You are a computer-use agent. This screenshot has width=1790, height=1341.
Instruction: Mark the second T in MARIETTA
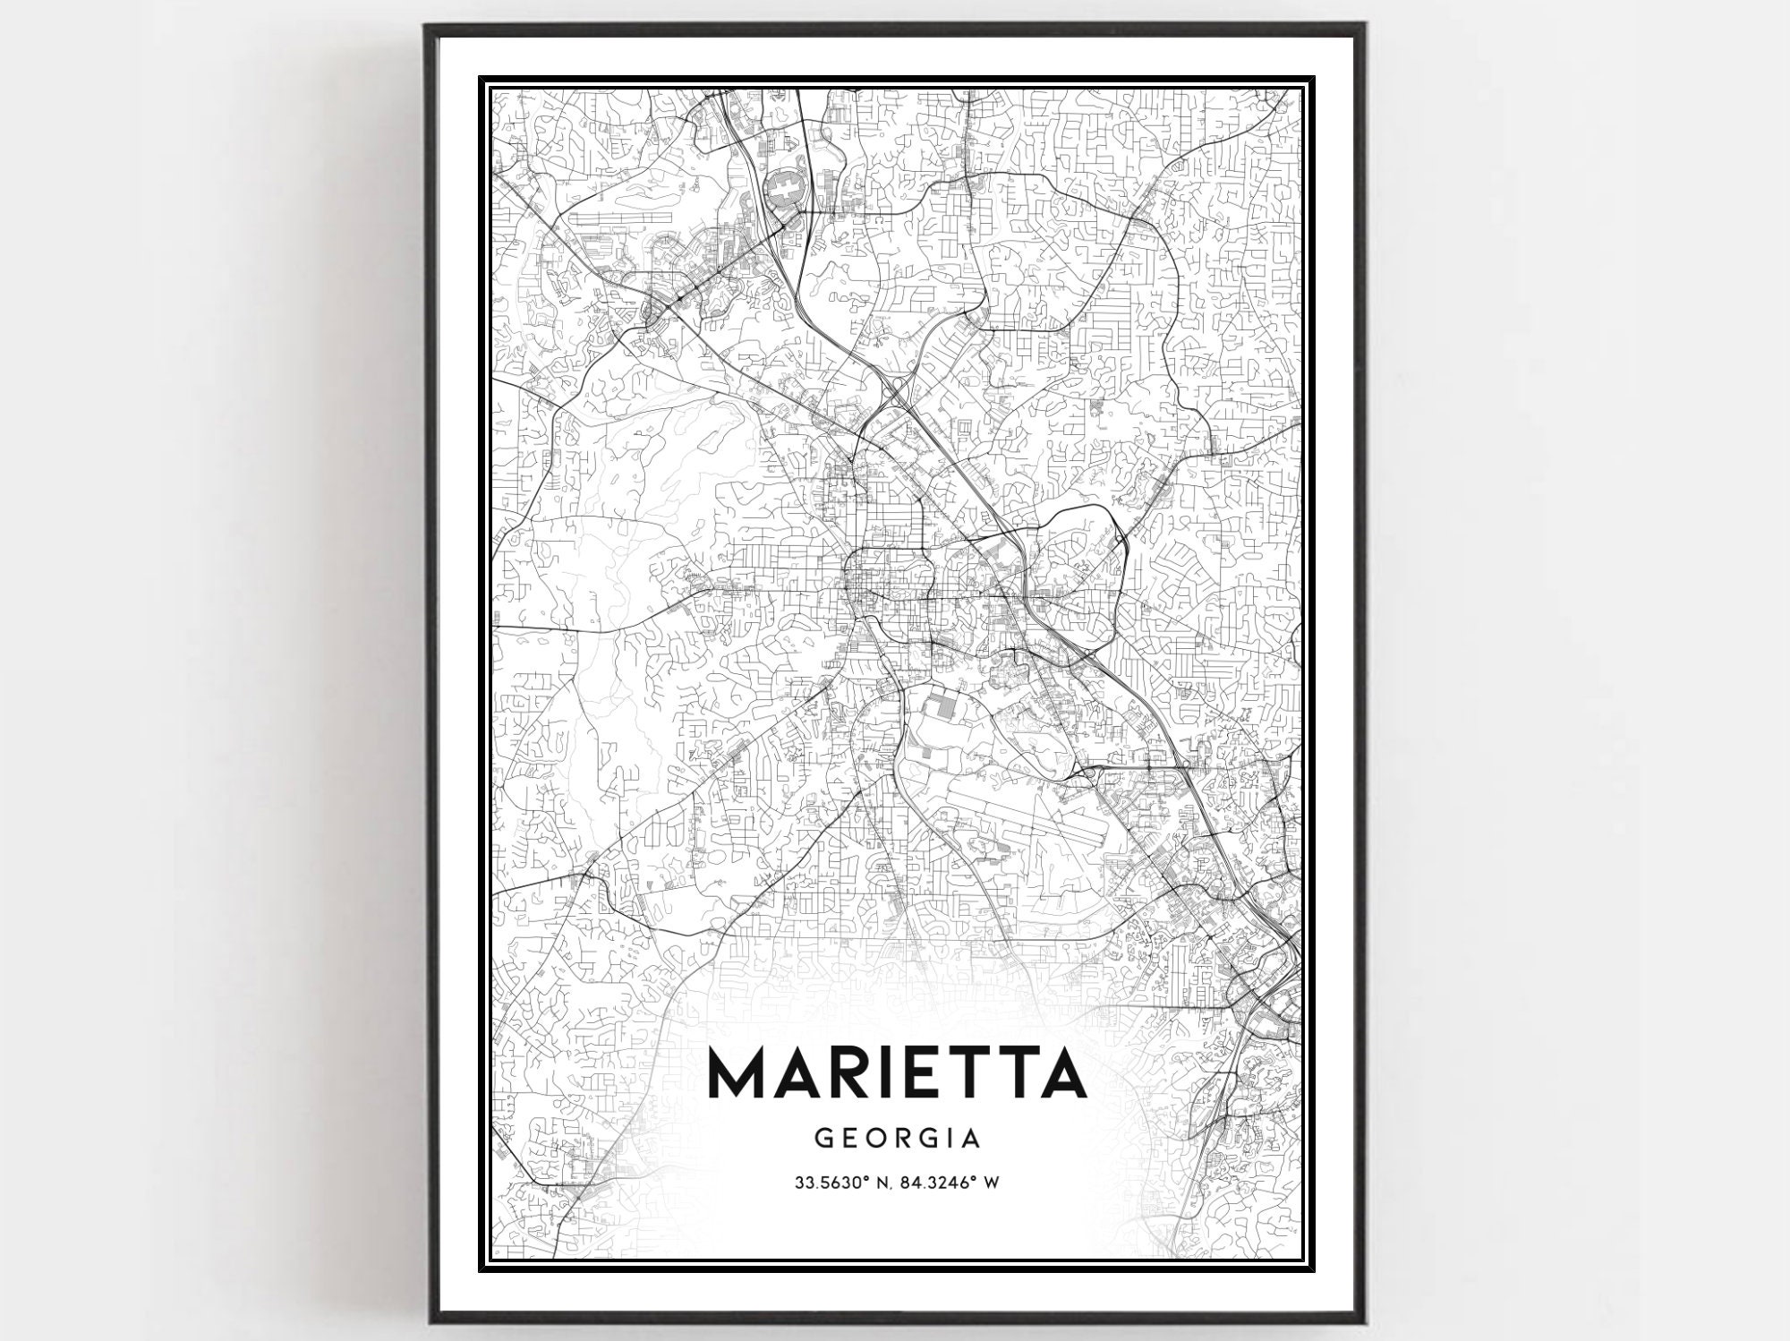1017,1072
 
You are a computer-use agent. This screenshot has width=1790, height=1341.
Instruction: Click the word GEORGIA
898,1138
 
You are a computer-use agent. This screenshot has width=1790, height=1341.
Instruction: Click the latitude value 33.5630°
831,1183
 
